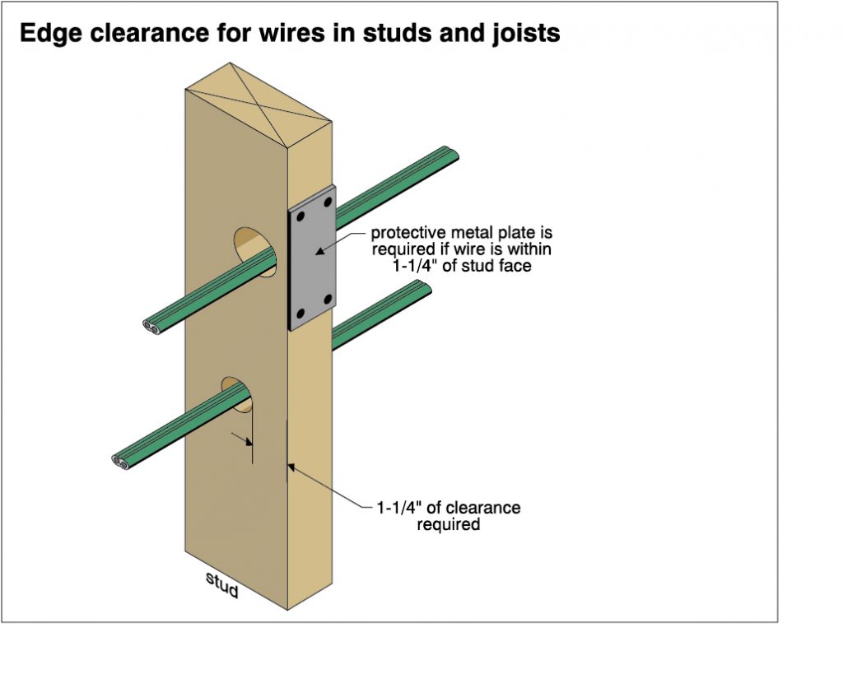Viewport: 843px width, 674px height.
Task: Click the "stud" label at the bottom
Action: (221, 585)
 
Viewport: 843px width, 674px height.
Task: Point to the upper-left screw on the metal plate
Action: (301, 216)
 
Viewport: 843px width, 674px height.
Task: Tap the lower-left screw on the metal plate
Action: (301, 314)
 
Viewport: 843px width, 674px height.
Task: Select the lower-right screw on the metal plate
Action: (328, 298)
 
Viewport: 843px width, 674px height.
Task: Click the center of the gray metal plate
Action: (313, 257)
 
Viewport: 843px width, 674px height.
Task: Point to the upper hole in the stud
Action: (253, 250)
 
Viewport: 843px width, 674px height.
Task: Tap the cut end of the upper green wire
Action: (153, 325)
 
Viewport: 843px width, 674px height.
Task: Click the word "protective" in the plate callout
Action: (408, 233)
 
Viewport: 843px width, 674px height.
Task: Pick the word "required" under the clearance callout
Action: (448, 524)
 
